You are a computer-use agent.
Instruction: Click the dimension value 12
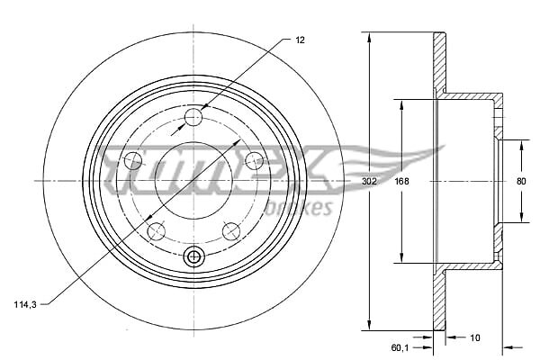click(300, 40)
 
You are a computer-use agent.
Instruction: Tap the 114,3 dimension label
click(25, 304)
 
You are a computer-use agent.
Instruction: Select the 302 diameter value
click(369, 181)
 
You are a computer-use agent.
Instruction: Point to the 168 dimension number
click(401, 181)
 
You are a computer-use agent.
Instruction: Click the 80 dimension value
click(521, 181)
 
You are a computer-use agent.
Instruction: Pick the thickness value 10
click(474, 337)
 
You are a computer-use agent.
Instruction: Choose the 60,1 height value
click(400, 348)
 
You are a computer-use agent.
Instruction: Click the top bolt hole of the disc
click(193, 117)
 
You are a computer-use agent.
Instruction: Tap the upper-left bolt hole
click(132, 160)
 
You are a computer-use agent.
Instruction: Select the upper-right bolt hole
click(255, 160)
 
